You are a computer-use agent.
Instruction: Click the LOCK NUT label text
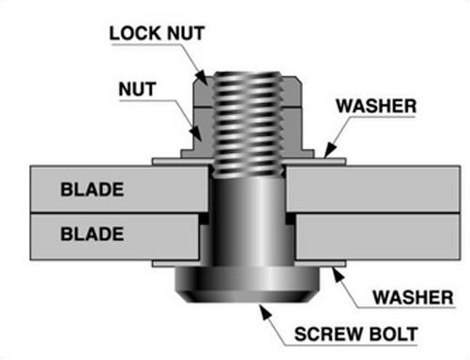(157, 33)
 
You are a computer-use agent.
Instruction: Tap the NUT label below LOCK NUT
(137, 89)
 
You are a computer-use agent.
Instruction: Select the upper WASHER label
(376, 106)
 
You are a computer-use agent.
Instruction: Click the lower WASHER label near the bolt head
(413, 297)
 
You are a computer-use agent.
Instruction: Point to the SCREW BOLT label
(356, 334)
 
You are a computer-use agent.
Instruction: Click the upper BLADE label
(92, 189)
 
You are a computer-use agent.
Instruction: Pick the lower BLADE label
(92, 234)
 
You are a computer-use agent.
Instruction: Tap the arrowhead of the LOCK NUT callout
(202, 78)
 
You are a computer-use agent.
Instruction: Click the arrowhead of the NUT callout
(197, 133)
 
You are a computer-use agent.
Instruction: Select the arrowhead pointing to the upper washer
(329, 150)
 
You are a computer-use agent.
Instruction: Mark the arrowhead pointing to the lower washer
(337, 276)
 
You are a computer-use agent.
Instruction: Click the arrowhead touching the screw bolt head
(265, 312)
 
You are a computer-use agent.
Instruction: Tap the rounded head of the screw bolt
(247, 284)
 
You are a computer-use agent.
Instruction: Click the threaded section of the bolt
(248, 125)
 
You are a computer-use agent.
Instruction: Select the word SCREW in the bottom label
(328, 334)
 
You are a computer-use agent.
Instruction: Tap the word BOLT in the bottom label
(393, 334)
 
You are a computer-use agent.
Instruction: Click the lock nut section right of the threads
(293, 91)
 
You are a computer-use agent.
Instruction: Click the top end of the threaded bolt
(248, 73)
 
